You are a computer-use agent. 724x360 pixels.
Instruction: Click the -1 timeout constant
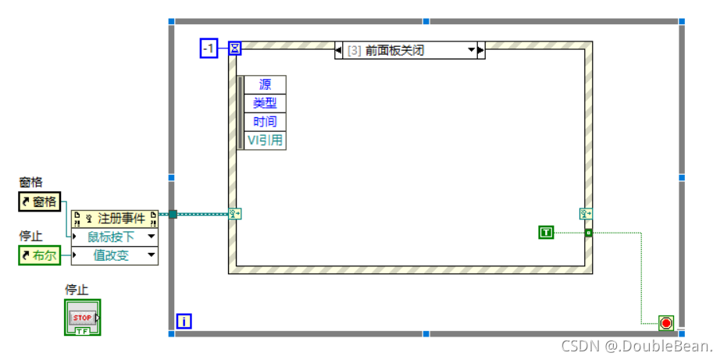point(209,49)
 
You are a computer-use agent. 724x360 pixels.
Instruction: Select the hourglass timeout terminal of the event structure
point(234,49)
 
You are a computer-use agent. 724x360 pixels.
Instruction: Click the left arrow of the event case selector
point(339,51)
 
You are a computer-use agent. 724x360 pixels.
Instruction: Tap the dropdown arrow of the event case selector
point(472,51)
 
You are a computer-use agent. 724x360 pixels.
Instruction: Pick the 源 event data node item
point(266,84)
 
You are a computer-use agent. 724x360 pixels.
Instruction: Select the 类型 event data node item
point(266,103)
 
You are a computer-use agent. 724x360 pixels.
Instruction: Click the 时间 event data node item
point(266,122)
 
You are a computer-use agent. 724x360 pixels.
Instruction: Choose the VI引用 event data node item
point(266,141)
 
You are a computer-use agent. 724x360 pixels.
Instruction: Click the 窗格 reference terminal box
point(38,202)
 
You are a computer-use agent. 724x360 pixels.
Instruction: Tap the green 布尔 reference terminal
point(39,255)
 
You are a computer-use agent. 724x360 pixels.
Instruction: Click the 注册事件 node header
point(115,219)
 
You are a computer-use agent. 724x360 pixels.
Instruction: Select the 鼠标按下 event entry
point(115,237)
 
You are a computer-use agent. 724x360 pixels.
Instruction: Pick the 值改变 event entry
point(115,255)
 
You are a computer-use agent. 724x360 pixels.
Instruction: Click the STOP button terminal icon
point(82,318)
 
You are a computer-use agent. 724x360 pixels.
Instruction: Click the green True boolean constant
point(546,232)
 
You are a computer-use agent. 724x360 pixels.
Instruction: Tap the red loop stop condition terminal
point(665,323)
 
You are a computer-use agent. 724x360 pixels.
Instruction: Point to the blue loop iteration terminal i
point(184,321)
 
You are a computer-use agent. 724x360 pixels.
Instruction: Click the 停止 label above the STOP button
point(76,290)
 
